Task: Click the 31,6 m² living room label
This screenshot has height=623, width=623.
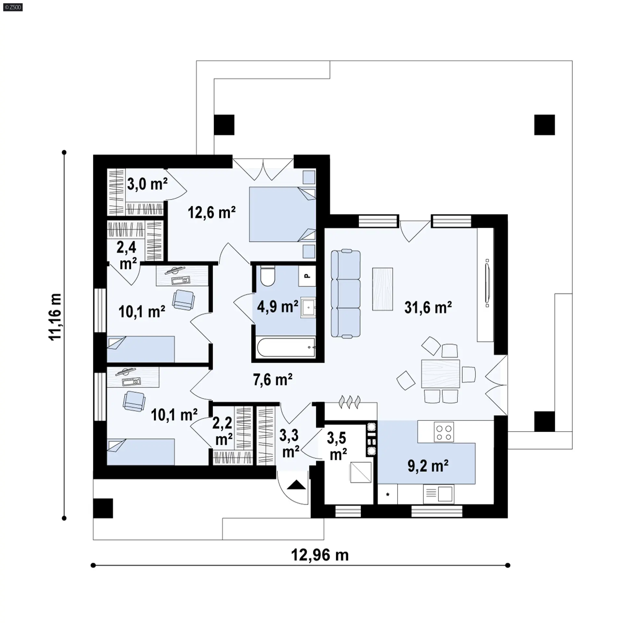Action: pos(428,307)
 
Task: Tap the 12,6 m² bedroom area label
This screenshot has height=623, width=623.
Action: pos(212,213)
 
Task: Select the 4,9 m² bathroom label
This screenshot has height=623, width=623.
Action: pos(277,306)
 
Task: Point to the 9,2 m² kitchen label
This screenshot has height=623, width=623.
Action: pos(428,466)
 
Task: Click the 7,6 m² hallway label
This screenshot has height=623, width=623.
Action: pos(273,380)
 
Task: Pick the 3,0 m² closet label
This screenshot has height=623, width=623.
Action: pos(147,184)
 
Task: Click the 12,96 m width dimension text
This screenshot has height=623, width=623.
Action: pos(320,555)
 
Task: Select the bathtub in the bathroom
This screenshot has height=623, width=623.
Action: pos(286,348)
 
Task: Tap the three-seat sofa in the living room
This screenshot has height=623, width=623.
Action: pos(346,294)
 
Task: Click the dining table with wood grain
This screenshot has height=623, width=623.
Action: pos(441,373)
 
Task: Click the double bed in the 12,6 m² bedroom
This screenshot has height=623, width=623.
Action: pos(282,214)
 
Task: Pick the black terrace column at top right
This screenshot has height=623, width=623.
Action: pos(544,125)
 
